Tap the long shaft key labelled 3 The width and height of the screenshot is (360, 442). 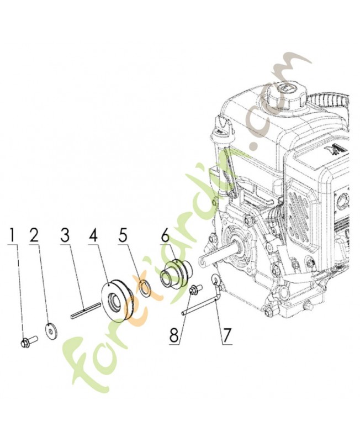[x=86, y=309]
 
